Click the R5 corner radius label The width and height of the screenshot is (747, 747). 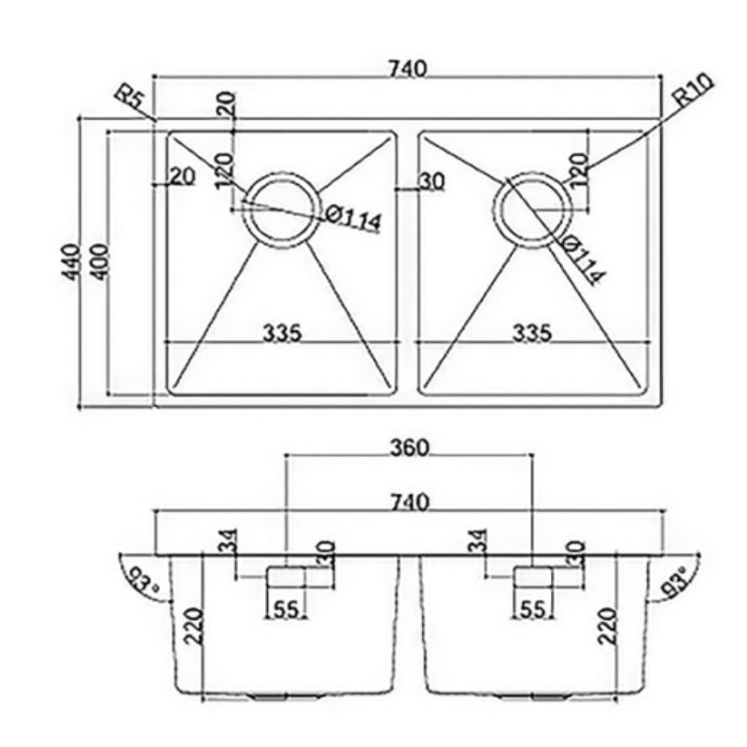point(128,96)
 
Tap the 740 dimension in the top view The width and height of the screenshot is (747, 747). point(409,68)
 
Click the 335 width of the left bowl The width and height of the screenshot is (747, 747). point(281,332)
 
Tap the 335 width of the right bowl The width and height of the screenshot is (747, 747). point(531,332)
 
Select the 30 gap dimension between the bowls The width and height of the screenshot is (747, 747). point(430,182)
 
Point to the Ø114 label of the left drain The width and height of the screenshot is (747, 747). point(354,218)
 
